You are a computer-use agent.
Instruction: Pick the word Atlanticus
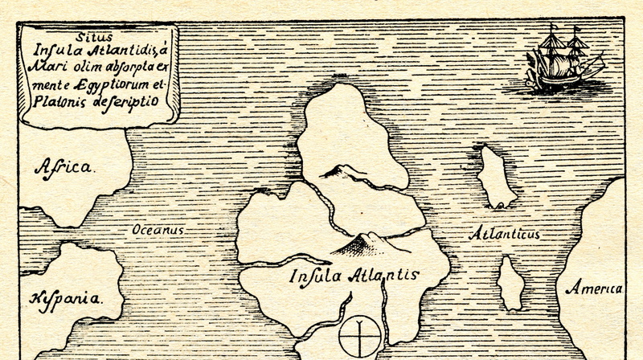click(504, 234)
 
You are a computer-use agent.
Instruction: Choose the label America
click(593, 288)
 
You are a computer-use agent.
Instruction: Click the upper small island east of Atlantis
click(496, 178)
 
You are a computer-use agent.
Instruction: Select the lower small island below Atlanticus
click(510, 284)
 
